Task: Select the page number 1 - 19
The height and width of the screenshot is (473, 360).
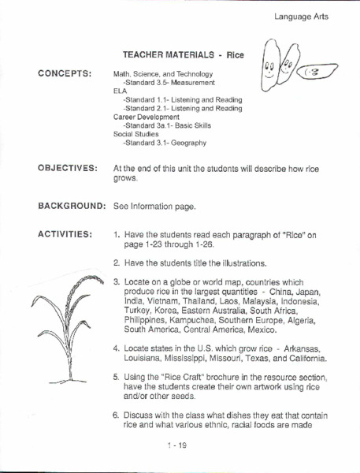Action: point(180,446)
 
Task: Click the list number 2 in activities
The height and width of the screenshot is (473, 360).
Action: point(116,262)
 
